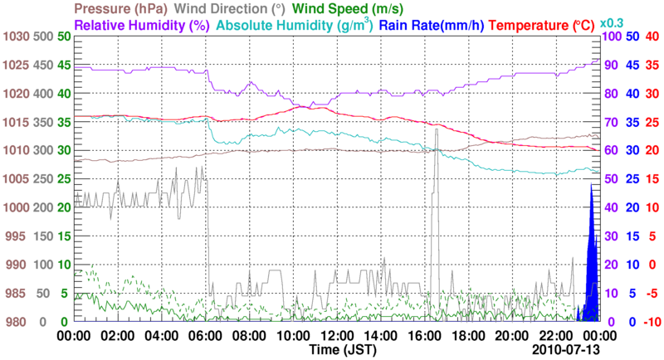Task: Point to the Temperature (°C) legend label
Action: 544,25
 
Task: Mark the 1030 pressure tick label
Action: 14,36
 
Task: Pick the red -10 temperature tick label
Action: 652,322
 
